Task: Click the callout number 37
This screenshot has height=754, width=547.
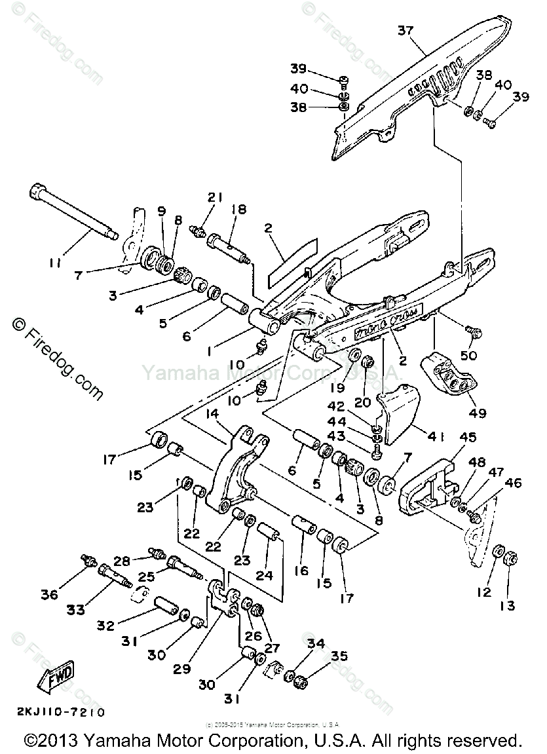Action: click(406, 31)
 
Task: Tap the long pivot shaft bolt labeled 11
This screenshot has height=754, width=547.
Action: click(72, 212)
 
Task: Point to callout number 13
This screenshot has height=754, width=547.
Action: click(508, 606)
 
